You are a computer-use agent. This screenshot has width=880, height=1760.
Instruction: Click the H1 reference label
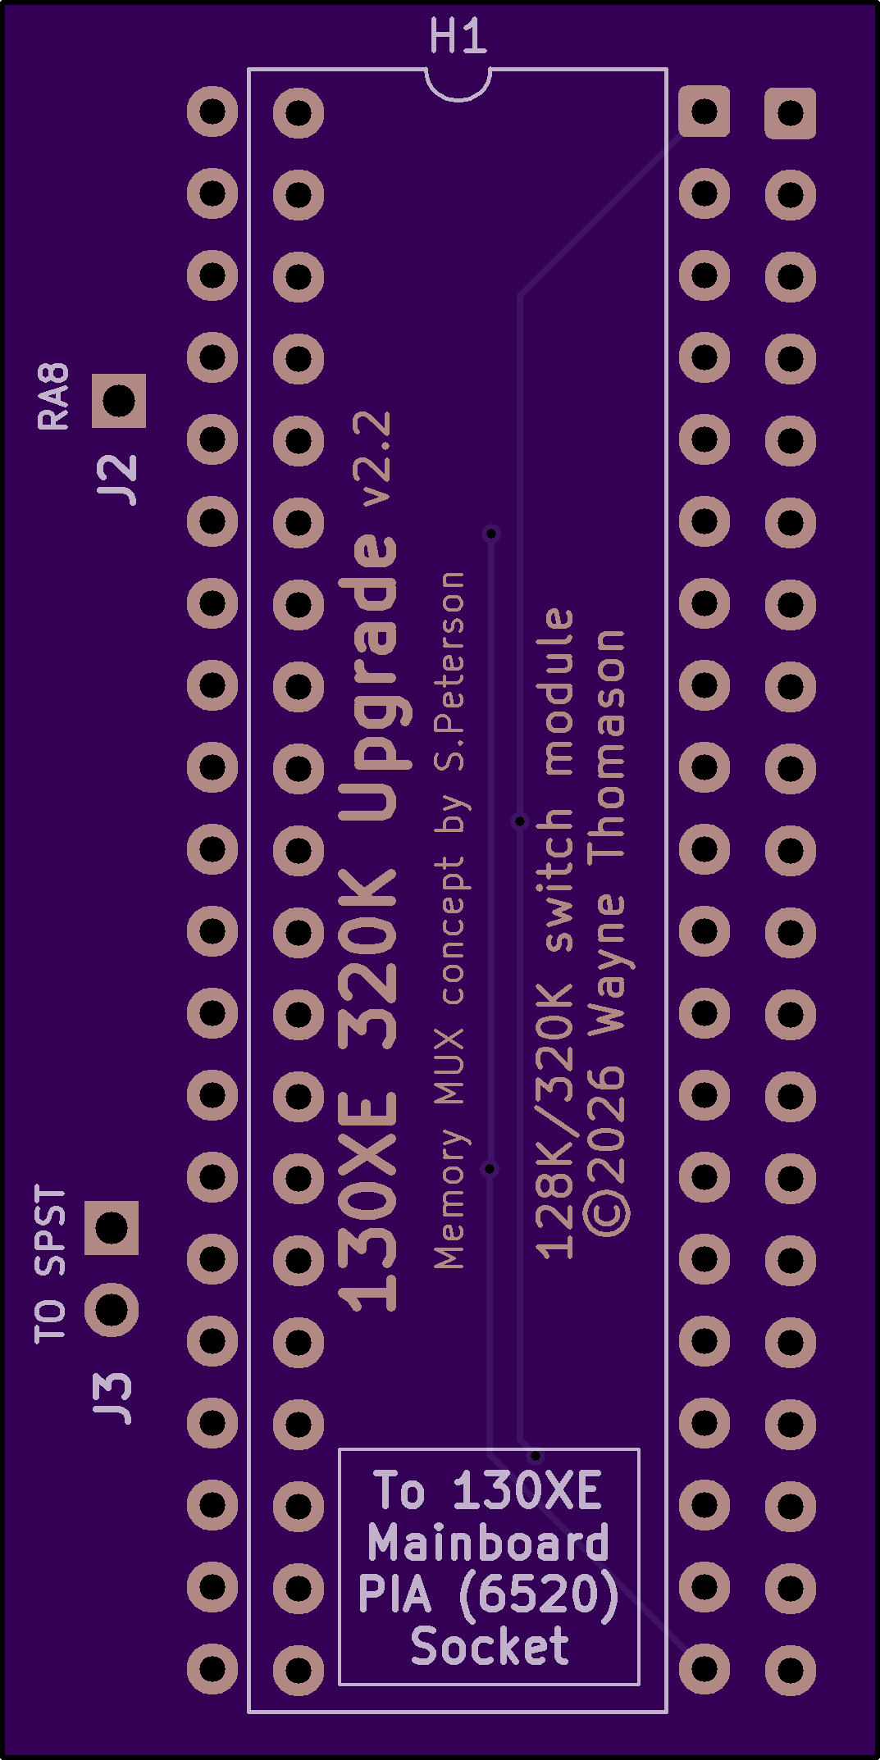click(x=458, y=37)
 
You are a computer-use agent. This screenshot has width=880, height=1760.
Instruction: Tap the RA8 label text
click(x=54, y=397)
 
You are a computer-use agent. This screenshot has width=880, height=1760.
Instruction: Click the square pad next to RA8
click(x=118, y=401)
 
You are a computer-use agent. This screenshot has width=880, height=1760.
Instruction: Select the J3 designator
click(x=112, y=1398)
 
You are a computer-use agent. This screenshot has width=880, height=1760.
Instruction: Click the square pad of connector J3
click(x=112, y=1228)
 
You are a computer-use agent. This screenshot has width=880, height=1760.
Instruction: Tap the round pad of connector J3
click(x=112, y=1310)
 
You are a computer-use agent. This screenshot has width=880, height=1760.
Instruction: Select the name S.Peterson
click(x=449, y=671)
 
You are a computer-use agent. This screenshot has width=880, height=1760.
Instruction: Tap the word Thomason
click(x=607, y=745)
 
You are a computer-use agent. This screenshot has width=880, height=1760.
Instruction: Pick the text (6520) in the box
click(x=538, y=1594)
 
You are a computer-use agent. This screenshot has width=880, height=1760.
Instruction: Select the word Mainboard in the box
click(x=488, y=1542)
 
